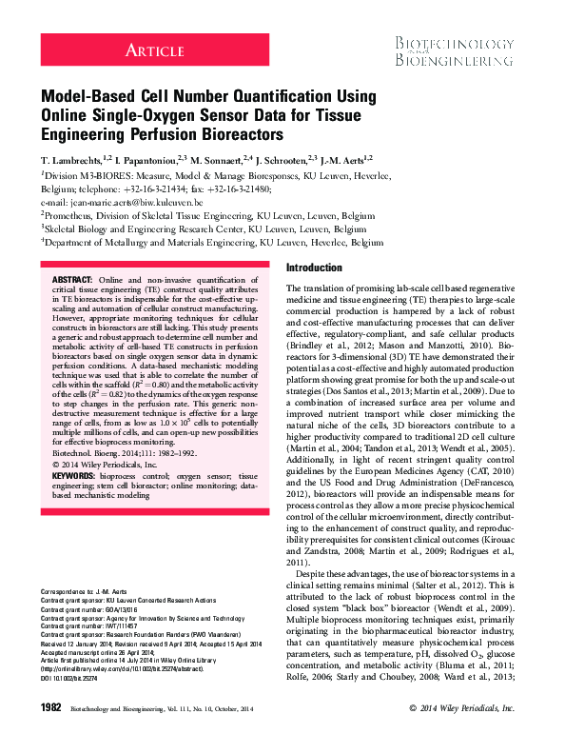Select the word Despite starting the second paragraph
[x=313, y=576]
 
